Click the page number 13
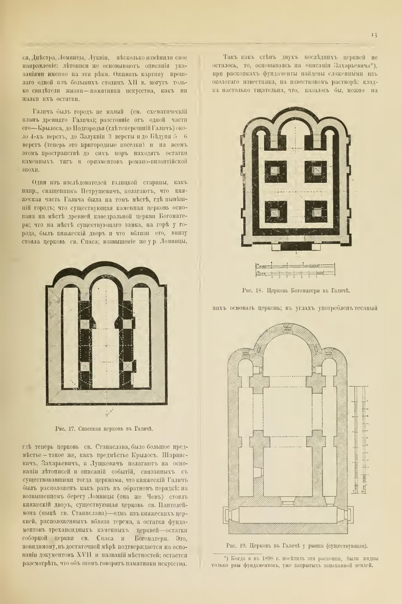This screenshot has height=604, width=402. tap(374, 35)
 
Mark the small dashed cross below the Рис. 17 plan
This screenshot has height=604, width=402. tap(109, 412)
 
